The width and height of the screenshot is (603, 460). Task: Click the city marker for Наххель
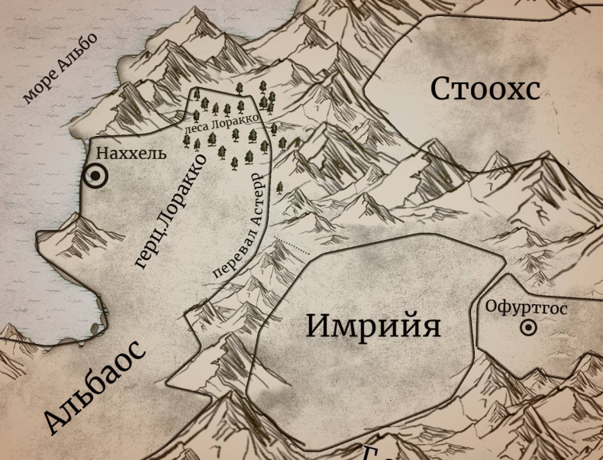(96, 177)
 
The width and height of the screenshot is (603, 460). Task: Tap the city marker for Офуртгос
(527, 329)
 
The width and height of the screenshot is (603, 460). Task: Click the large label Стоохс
(485, 89)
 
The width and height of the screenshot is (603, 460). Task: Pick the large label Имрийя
(374, 326)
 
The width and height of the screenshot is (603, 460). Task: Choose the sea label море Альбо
(61, 69)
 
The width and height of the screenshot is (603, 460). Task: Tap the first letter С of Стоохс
(441, 89)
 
